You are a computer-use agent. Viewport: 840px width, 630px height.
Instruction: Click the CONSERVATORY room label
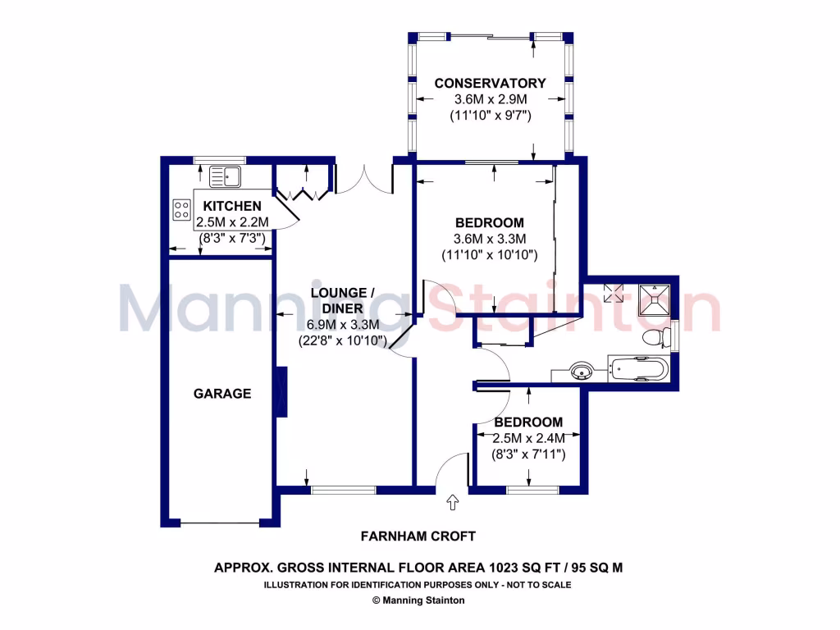pos(490,83)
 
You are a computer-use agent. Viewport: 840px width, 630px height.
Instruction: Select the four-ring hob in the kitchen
pos(180,210)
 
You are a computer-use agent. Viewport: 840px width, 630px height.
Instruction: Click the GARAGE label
pos(221,394)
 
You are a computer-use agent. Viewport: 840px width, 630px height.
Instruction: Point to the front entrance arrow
pos(452,501)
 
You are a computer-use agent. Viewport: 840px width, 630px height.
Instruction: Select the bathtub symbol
pos(639,369)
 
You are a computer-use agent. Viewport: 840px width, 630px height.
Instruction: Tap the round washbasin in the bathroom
pos(583,372)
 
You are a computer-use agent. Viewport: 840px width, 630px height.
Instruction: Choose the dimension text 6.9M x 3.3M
pos(342,325)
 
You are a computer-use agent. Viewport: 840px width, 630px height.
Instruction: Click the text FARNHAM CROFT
pos(418,536)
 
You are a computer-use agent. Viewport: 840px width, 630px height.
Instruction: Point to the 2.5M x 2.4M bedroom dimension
pos(529,438)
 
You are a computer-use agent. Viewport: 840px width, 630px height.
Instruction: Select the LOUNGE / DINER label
pos(342,300)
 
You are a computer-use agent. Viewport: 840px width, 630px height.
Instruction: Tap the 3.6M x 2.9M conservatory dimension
pos(490,99)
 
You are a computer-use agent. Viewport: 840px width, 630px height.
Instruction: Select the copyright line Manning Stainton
pos(418,600)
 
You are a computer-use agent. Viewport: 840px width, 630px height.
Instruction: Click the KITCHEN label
pos(232,206)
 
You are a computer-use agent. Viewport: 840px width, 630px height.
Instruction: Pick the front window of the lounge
pos(343,490)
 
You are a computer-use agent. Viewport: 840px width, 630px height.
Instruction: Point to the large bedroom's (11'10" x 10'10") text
pos(490,255)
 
